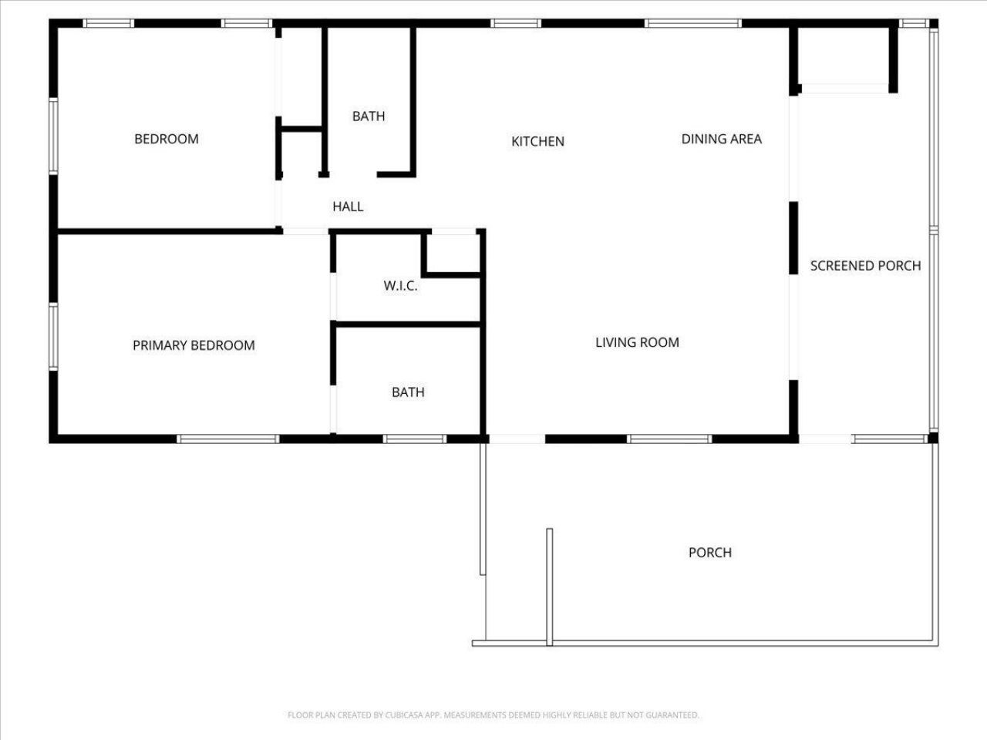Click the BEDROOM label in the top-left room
click(167, 139)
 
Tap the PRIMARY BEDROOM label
click(194, 345)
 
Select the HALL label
click(348, 207)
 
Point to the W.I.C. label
click(400, 286)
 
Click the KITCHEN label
click(538, 141)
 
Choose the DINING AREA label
click(721, 139)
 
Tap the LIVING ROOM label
click(637, 342)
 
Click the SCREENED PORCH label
click(865, 266)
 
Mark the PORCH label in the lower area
click(709, 553)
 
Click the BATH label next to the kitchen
click(369, 116)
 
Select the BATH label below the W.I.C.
click(408, 392)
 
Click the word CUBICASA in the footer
click(403, 715)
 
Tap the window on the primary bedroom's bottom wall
click(227, 439)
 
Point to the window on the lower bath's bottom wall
click(415, 439)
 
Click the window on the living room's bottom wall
click(669, 439)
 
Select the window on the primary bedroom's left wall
click(53, 337)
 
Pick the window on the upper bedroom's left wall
click(53, 136)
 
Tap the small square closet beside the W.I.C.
click(452, 251)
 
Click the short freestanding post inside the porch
click(550, 586)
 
